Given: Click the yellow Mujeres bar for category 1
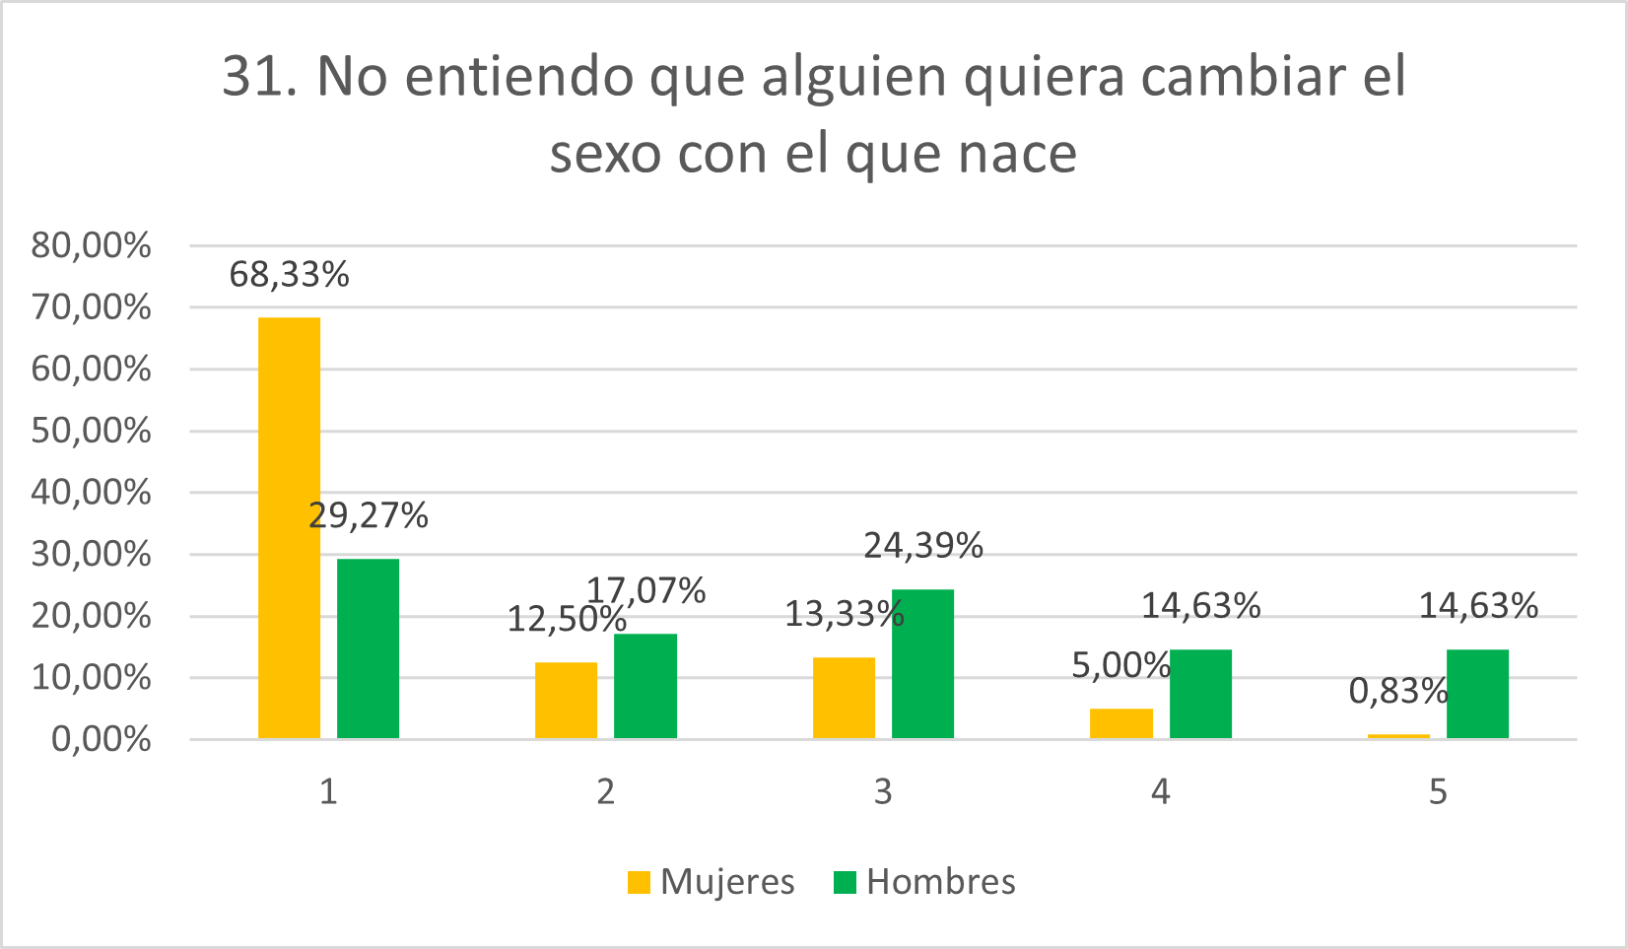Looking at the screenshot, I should click(289, 527).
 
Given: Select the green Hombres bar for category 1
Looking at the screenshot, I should click(368, 648).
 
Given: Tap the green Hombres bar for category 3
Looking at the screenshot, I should click(922, 663).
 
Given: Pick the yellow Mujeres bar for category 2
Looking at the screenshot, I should click(566, 700).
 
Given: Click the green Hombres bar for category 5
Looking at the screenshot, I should click(1477, 694).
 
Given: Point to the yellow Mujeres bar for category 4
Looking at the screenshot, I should click(1120, 723).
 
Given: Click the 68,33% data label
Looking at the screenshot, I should click(289, 275).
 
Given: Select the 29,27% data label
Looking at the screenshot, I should click(368, 515).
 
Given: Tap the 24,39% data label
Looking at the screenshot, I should click(923, 546).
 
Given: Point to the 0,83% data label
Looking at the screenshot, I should click(1397, 692).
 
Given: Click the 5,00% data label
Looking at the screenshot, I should click(1120, 666).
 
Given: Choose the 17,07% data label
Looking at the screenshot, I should click(646, 590).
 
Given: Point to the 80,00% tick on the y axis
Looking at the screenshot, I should click(91, 245).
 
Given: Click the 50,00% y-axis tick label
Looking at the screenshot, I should click(91, 431).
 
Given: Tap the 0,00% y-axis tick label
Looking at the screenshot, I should click(101, 739).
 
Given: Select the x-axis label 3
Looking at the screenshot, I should click(883, 791).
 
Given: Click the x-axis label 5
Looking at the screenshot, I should click(1438, 791).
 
